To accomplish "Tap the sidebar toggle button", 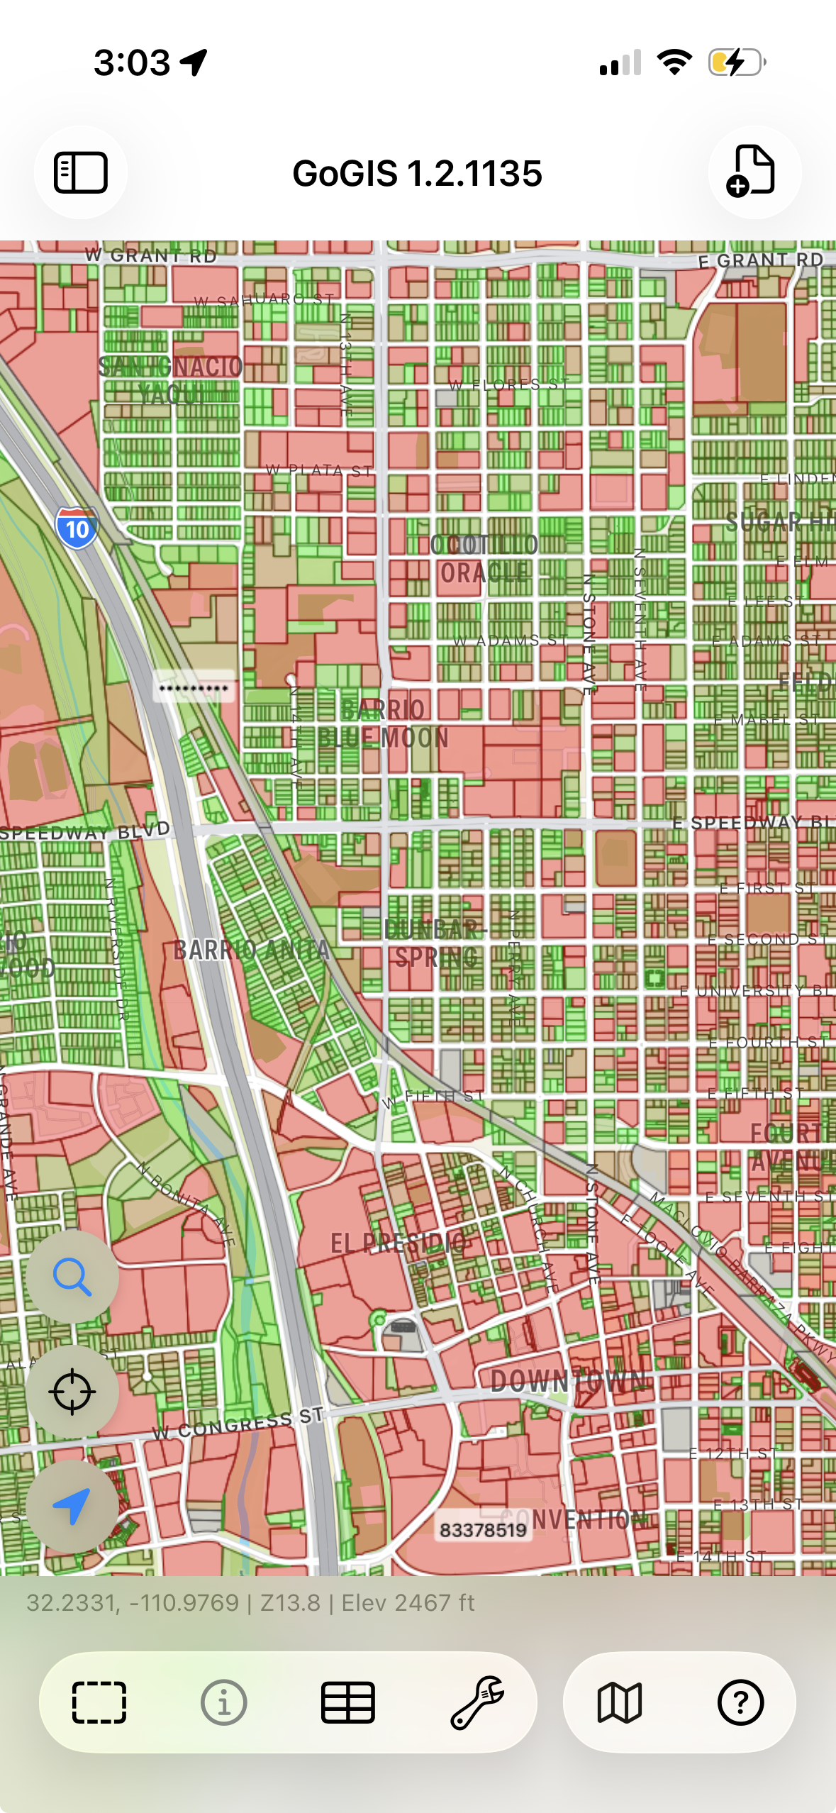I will click(x=81, y=172).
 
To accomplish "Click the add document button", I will click(x=754, y=172).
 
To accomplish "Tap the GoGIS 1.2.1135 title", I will click(x=418, y=174).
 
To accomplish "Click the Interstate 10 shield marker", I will click(x=77, y=528).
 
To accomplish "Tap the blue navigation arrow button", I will click(x=72, y=1505).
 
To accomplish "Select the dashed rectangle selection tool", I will click(x=99, y=1702).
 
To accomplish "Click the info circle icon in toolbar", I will click(x=224, y=1702).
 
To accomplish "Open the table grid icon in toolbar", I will click(x=348, y=1702).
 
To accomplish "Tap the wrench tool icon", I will click(x=477, y=1702).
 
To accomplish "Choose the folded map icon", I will click(x=620, y=1702).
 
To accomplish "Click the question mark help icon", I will click(x=740, y=1702).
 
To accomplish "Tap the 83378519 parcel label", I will click(x=483, y=1530).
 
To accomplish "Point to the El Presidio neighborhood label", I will click(x=399, y=1242).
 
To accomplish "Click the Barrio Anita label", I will click(x=252, y=950).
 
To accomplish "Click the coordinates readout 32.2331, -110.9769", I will click(x=133, y=1603).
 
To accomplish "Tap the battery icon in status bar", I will click(x=737, y=62).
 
